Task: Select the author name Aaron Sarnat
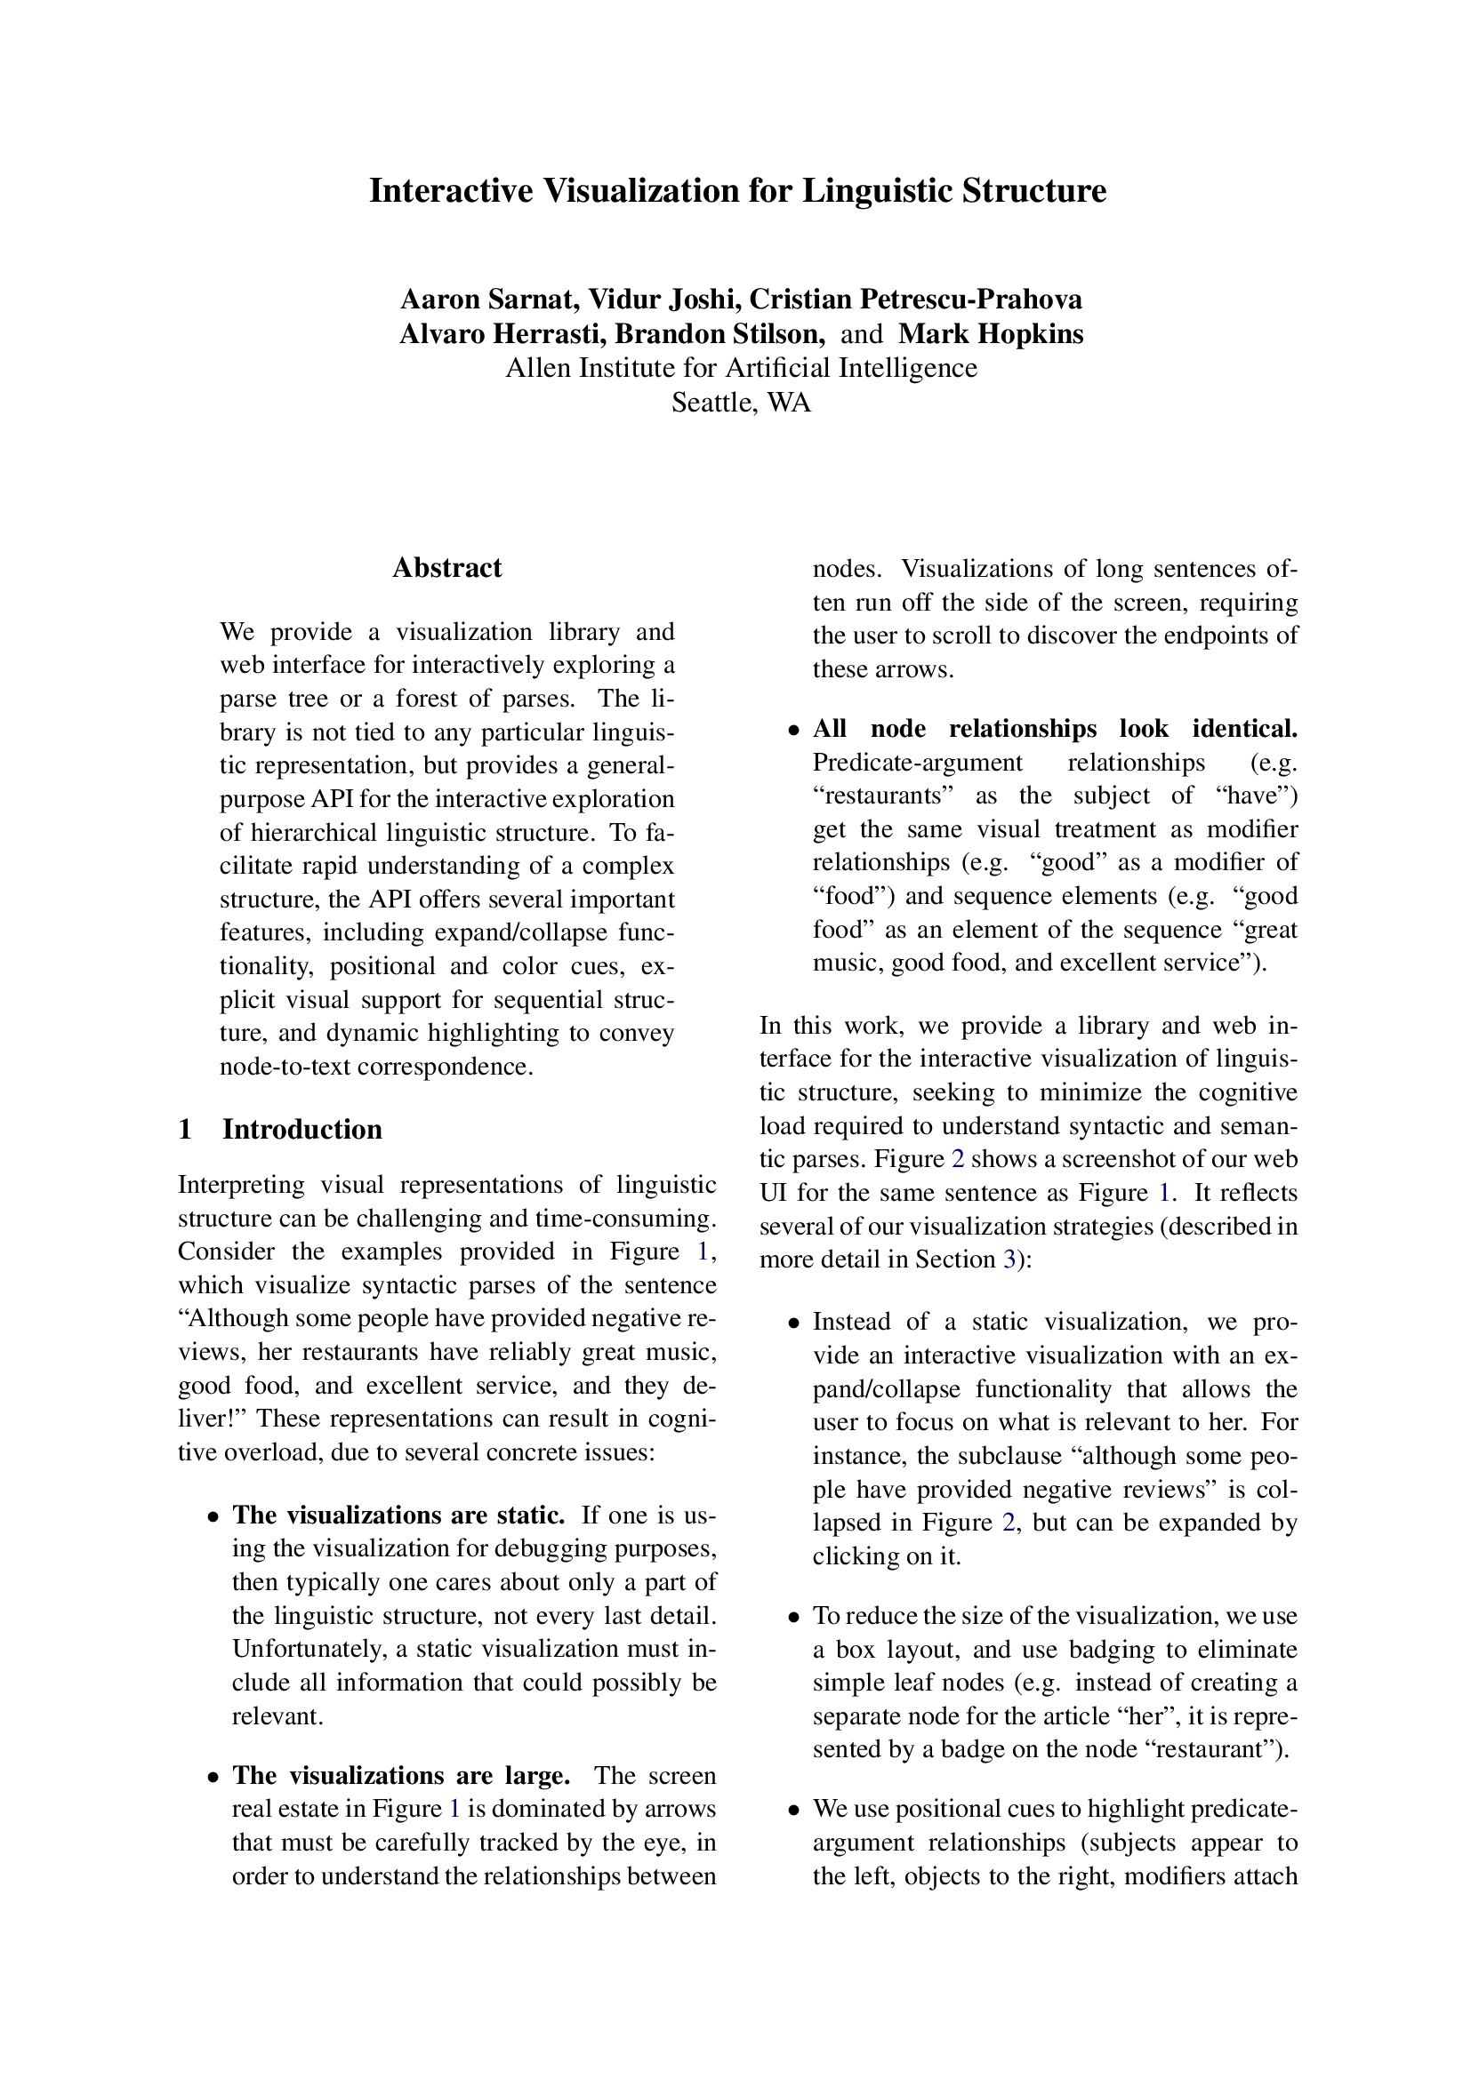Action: pos(489,299)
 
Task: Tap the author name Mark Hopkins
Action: pos(990,334)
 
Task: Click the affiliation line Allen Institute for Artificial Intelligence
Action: pos(741,368)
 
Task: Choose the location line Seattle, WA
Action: pos(741,402)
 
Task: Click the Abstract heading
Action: pos(446,568)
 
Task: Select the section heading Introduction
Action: pos(302,1129)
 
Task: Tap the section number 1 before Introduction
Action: pos(186,1129)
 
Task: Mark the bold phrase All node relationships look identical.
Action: pos(1056,728)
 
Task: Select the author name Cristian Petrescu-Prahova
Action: pos(915,299)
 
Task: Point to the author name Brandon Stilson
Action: pos(720,334)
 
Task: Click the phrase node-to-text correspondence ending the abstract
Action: pos(376,1066)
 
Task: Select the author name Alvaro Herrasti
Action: pos(502,334)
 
